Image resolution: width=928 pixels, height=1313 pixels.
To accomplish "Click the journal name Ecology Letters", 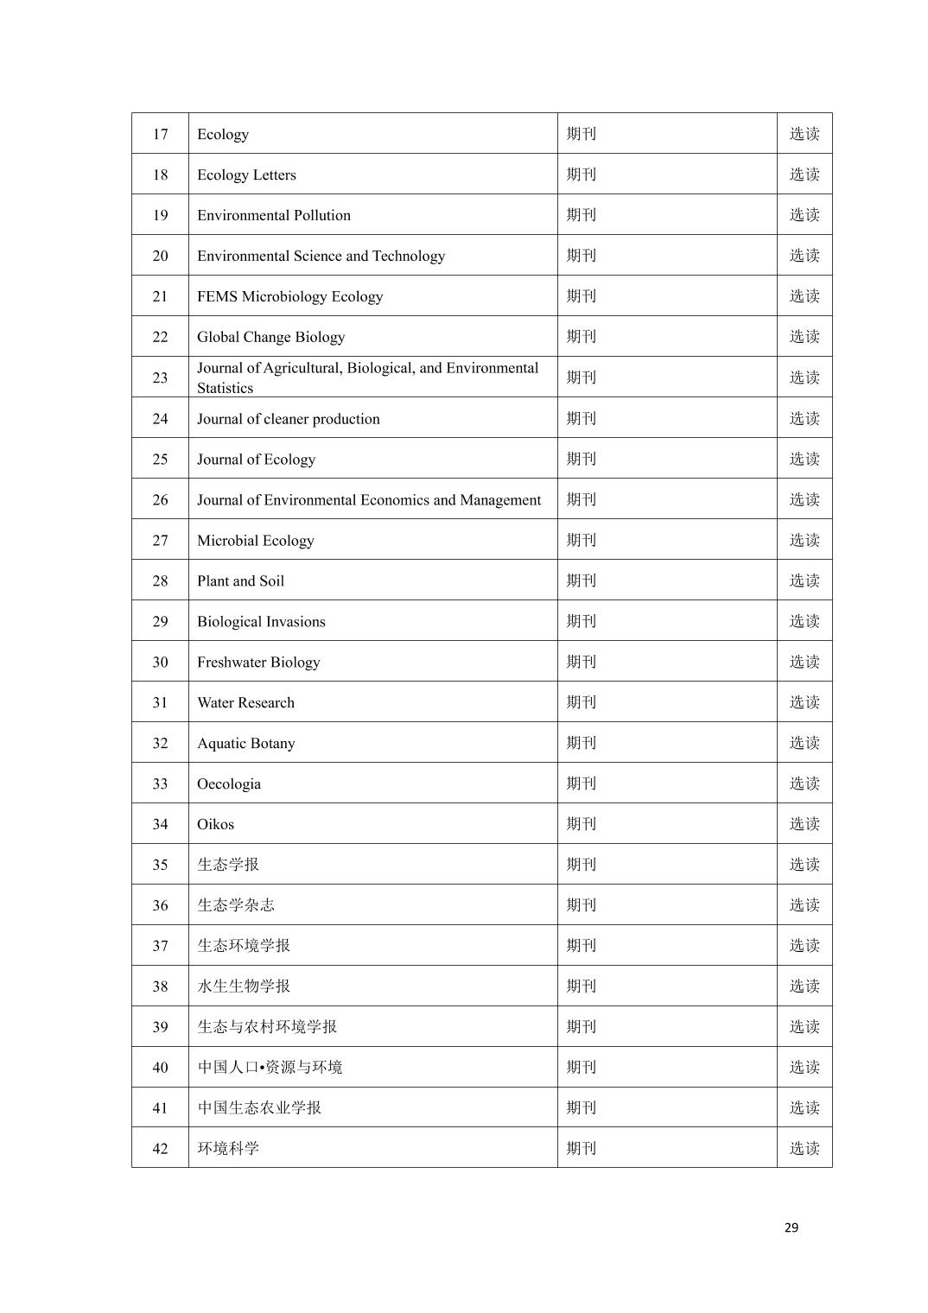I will click(246, 174).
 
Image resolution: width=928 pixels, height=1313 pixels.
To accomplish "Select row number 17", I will click(160, 134).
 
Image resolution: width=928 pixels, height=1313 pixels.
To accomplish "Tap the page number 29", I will click(791, 1227).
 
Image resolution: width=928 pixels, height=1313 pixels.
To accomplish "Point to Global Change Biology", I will click(270, 337).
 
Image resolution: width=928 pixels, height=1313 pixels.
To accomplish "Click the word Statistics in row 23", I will click(225, 388).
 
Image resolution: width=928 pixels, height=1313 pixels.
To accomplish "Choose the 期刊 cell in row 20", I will click(582, 256).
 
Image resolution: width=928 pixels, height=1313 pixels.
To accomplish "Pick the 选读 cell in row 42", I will click(804, 1148).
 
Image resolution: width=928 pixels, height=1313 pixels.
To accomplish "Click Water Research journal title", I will click(245, 702).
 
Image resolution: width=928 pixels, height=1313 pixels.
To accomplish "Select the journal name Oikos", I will click(215, 824).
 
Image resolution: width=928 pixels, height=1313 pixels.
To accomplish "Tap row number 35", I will click(160, 865).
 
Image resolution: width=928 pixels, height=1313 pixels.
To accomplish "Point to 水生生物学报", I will click(244, 986).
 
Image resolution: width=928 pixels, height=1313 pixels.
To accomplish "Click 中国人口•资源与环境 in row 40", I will click(270, 1068).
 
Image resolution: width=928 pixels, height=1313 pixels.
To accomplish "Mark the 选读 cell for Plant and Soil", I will click(804, 580).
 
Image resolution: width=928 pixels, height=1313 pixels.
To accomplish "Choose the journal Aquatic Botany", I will click(245, 743).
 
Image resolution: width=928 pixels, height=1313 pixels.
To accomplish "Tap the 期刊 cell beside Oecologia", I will click(582, 783).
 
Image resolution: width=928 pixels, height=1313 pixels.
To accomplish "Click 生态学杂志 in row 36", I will click(236, 905).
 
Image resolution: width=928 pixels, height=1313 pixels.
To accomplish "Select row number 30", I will click(160, 662).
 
